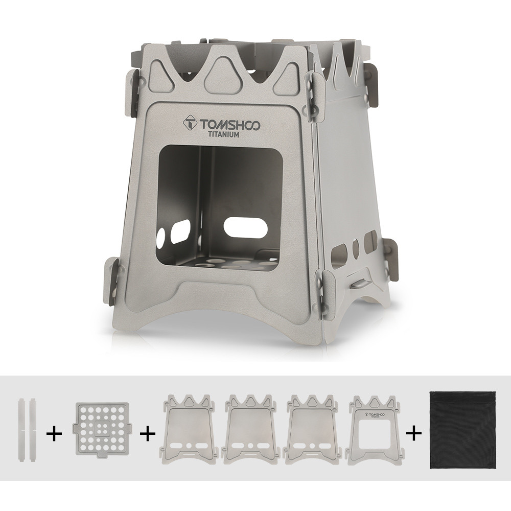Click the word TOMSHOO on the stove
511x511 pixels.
click(229, 125)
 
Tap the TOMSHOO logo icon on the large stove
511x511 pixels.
click(192, 125)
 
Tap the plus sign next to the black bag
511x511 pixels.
click(414, 434)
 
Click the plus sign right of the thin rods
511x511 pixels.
click(54, 434)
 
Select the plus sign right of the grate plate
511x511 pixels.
click(148, 434)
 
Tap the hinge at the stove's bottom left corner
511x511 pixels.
click(114, 283)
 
